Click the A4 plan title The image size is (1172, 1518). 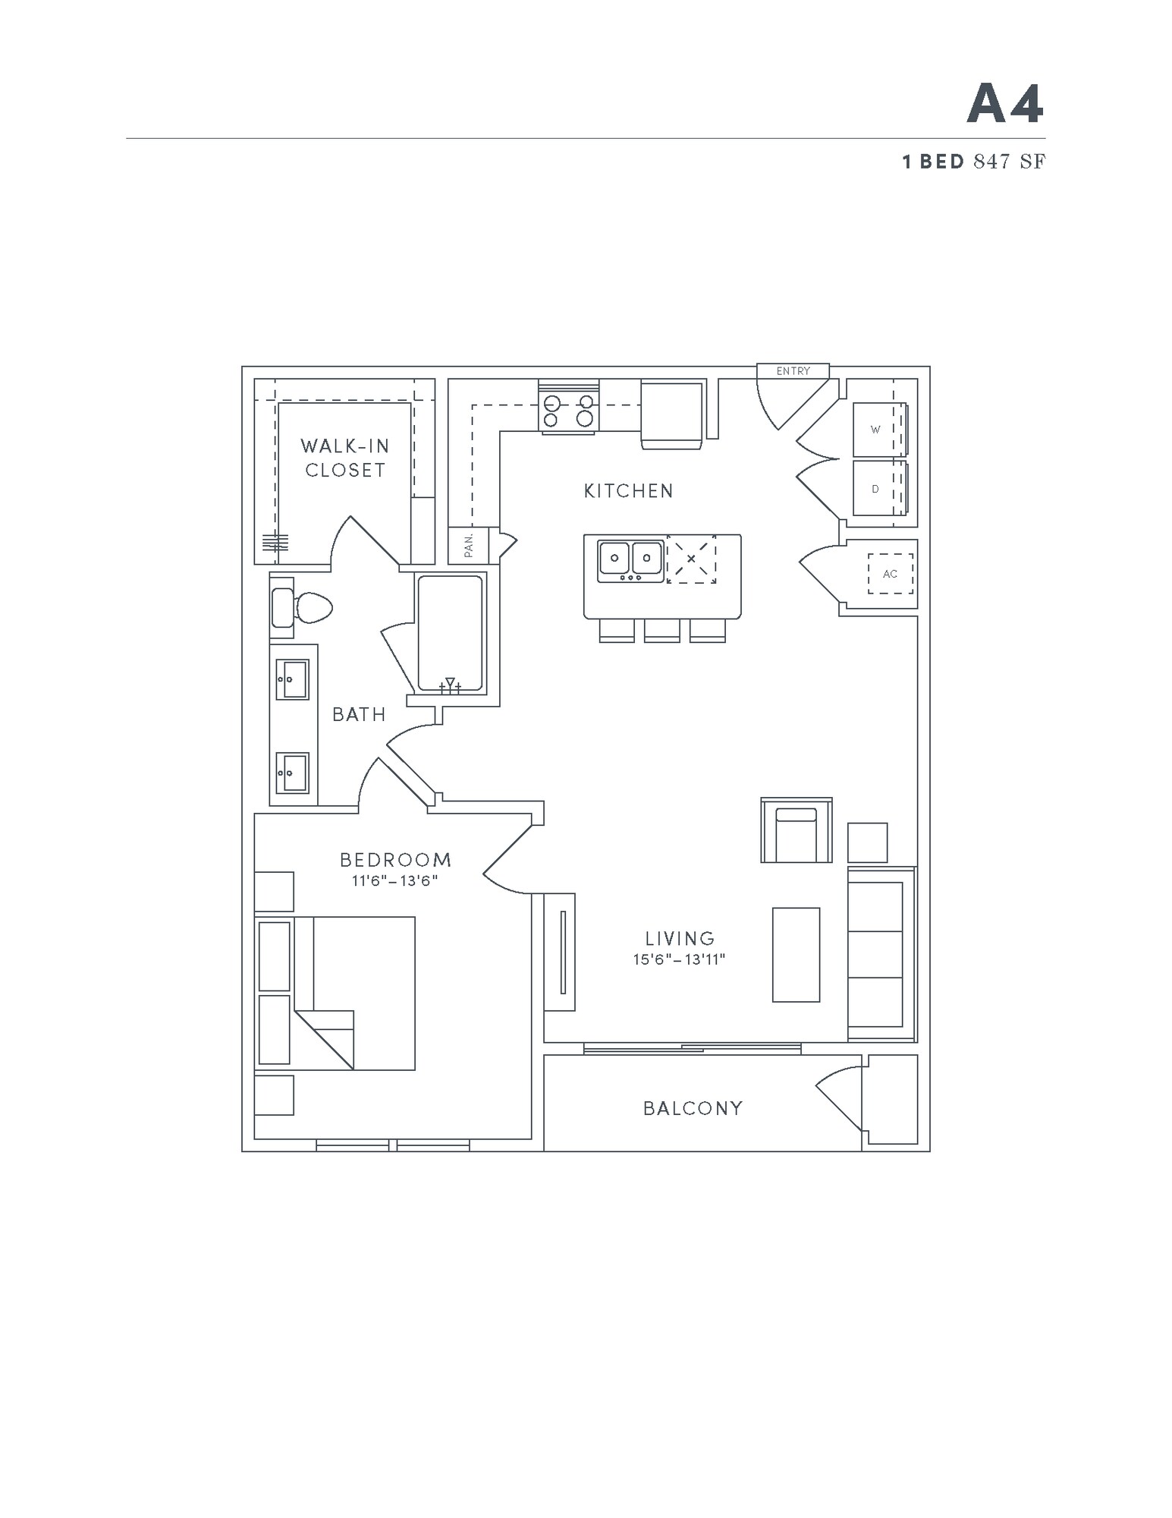pyautogui.click(x=1005, y=104)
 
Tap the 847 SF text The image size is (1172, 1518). pyautogui.click(x=1009, y=162)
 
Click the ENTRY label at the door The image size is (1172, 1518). pyautogui.click(x=793, y=371)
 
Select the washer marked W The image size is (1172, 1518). pyautogui.click(x=878, y=430)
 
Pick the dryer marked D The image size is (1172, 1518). pyautogui.click(x=878, y=489)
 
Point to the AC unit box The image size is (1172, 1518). pyautogui.click(x=891, y=574)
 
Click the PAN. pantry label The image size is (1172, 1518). pyautogui.click(x=469, y=545)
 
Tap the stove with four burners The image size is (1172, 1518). pyautogui.click(x=568, y=411)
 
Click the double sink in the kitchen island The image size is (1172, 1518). pyautogui.click(x=630, y=560)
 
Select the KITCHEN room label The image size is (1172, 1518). pyautogui.click(x=629, y=491)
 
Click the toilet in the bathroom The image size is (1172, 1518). pyautogui.click(x=303, y=607)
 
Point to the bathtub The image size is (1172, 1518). pyautogui.click(x=450, y=634)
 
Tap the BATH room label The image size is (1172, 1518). pyautogui.click(x=360, y=714)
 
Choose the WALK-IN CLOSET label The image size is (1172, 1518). pyautogui.click(x=345, y=458)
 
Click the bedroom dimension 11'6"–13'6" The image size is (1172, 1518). pyautogui.click(x=395, y=881)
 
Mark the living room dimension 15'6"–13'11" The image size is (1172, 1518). pyautogui.click(x=680, y=959)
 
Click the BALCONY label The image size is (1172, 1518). pyautogui.click(x=693, y=1108)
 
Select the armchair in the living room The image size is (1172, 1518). pyautogui.click(x=796, y=831)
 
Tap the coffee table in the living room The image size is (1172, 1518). pyautogui.click(x=796, y=955)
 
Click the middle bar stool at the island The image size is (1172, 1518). pyautogui.click(x=661, y=631)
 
